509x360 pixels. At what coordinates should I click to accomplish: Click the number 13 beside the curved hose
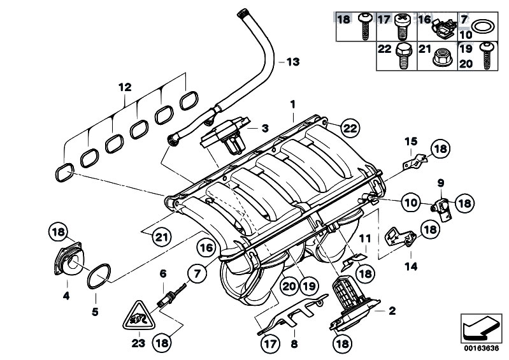(292, 62)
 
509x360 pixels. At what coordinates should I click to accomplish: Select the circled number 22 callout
(349, 128)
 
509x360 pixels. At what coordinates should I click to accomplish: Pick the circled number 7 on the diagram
(197, 275)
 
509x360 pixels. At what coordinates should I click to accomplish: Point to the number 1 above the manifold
(292, 103)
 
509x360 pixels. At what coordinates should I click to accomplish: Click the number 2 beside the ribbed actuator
(391, 311)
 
